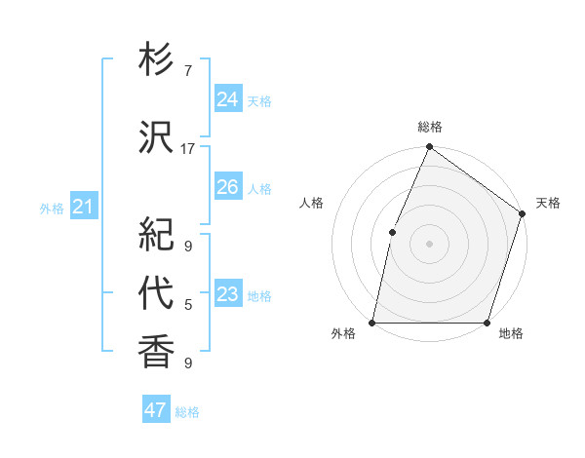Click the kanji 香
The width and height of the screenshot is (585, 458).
(x=156, y=350)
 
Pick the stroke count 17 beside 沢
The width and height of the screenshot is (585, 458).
(x=188, y=148)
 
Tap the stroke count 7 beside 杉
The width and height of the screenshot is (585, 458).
(x=188, y=71)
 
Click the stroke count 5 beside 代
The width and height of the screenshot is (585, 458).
(x=188, y=305)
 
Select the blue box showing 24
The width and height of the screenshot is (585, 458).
(x=227, y=98)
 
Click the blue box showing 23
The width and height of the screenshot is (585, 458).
(x=227, y=293)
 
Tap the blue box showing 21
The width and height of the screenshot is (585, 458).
(x=83, y=206)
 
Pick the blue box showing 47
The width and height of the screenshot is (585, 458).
(x=155, y=410)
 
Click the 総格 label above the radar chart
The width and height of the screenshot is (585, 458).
(x=430, y=127)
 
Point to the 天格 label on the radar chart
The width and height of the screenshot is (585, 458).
(x=548, y=203)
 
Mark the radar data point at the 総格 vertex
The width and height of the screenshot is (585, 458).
(x=429, y=148)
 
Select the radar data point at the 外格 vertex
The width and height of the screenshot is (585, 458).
(x=372, y=323)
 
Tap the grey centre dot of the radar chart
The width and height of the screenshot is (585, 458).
(x=429, y=244)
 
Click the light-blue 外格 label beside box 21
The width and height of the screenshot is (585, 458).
(x=51, y=208)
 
